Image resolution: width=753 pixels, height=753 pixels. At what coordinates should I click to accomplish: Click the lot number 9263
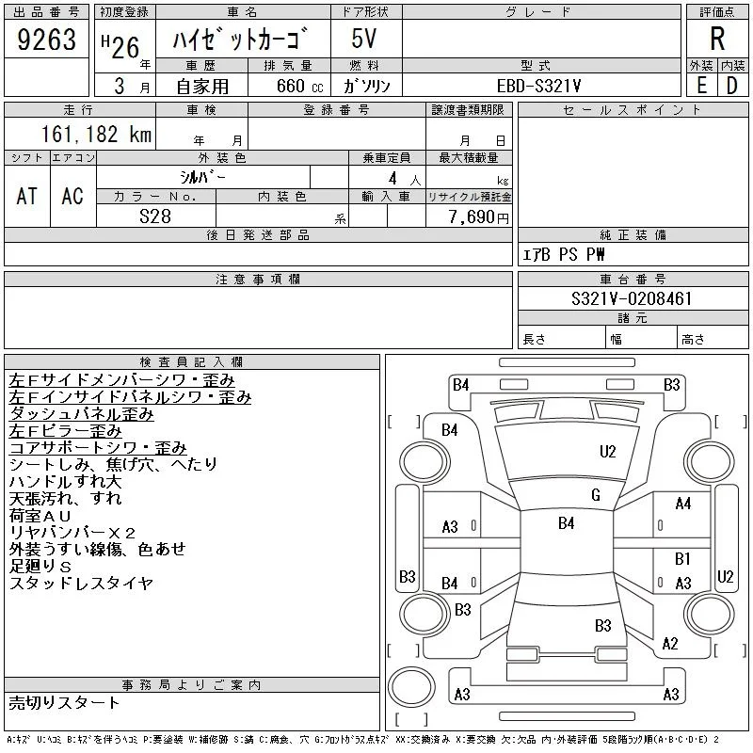(46, 40)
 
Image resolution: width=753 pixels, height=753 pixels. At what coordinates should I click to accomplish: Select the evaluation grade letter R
(717, 39)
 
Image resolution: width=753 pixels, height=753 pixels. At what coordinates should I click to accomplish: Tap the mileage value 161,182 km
(96, 134)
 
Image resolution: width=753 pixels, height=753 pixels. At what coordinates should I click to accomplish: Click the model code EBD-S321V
(538, 86)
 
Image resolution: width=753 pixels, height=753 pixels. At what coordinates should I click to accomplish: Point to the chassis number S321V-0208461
(632, 298)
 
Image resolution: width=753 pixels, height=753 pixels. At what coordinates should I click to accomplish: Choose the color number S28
(155, 216)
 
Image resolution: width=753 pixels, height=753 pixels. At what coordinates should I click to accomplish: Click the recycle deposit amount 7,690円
(479, 217)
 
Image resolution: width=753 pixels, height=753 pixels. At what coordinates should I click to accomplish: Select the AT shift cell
(27, 196)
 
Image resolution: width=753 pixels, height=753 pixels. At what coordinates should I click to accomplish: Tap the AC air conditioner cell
(72, 196)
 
